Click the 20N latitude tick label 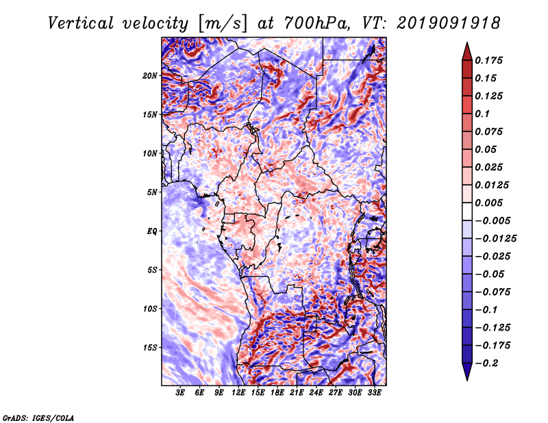pos(150,76)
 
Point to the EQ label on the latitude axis pos(151,231)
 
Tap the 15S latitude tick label pos(150,348)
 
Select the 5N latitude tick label pos(152,192)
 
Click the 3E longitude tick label pos(180,393)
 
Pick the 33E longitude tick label pos(374,393)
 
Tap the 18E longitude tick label pos(277,393)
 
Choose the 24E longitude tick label pos(316,393)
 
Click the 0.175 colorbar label pos(489,60)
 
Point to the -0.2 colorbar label pos(486,363)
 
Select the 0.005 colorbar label pos(489,203)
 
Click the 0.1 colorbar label pos(483,114)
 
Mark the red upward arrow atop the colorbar pos(467,51)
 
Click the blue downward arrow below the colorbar pos(467,372)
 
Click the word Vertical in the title pos(80,23)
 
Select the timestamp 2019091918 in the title pos(449,23)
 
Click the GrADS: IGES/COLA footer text pos(38,418)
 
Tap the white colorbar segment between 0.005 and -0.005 pos(467,211)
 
